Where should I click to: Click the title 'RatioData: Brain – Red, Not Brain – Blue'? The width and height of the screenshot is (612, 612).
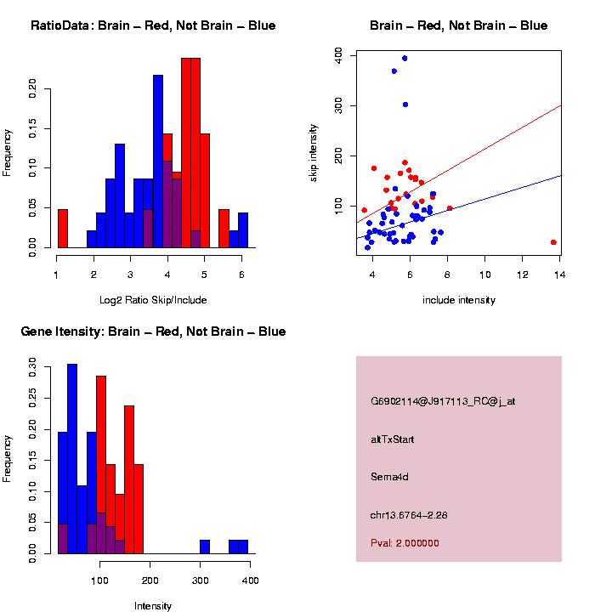[153, 25]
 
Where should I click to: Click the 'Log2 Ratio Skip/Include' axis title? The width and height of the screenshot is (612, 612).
[152, 300]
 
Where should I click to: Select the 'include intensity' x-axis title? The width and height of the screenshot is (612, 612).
[459, 300]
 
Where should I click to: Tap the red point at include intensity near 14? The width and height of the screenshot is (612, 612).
[553, 242]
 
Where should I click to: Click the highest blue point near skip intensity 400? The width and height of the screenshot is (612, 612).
[405, 59]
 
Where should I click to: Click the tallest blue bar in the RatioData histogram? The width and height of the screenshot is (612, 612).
[158, 161]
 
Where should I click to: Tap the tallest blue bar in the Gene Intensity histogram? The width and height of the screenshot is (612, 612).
[72, 459]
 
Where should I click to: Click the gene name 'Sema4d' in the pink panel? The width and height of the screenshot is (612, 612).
[390, 477]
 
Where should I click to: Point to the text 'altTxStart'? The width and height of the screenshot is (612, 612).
[393, 439]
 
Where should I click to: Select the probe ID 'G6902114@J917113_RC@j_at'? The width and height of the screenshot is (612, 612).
[443, 401]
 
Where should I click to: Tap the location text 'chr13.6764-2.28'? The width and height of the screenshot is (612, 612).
[415, 514]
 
